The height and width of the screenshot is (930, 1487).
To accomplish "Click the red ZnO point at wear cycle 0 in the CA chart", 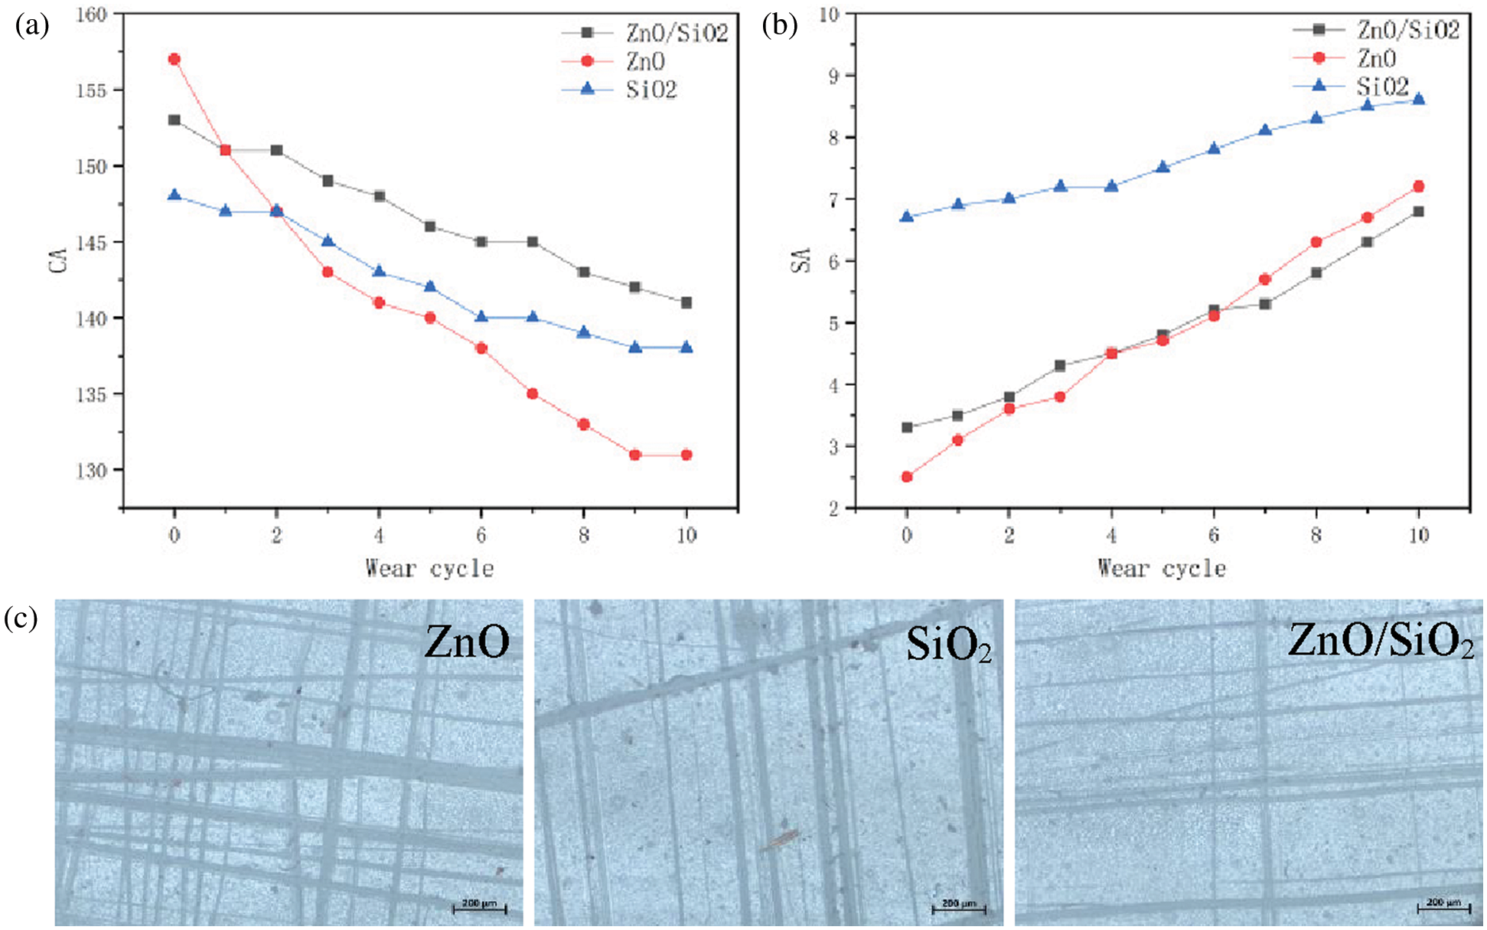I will (174, 59).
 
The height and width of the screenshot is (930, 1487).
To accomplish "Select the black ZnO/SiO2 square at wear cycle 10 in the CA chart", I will (686, 302).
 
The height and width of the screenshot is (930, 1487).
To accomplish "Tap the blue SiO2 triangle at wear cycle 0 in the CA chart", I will (174, 195).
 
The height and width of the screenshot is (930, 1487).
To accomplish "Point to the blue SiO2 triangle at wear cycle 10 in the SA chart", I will (1418, 99).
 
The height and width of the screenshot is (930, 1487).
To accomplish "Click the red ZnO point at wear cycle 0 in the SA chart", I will (907, 477).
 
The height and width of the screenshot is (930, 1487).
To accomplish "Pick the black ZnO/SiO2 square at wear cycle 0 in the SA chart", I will (907, 427).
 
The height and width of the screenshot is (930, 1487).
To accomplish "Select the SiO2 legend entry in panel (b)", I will (1382, 86).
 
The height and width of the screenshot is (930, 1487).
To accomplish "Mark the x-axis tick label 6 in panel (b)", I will (1214, 534).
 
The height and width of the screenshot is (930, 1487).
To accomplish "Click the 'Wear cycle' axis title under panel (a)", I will (429, 569).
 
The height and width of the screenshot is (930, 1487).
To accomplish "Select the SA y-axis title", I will (801, 261).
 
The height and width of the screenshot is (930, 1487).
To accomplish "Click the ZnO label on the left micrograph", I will (467, 641).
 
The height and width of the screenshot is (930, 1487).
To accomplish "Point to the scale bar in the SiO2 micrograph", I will (959, 908).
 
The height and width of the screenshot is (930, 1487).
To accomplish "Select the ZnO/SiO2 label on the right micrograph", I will (1380, 641).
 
